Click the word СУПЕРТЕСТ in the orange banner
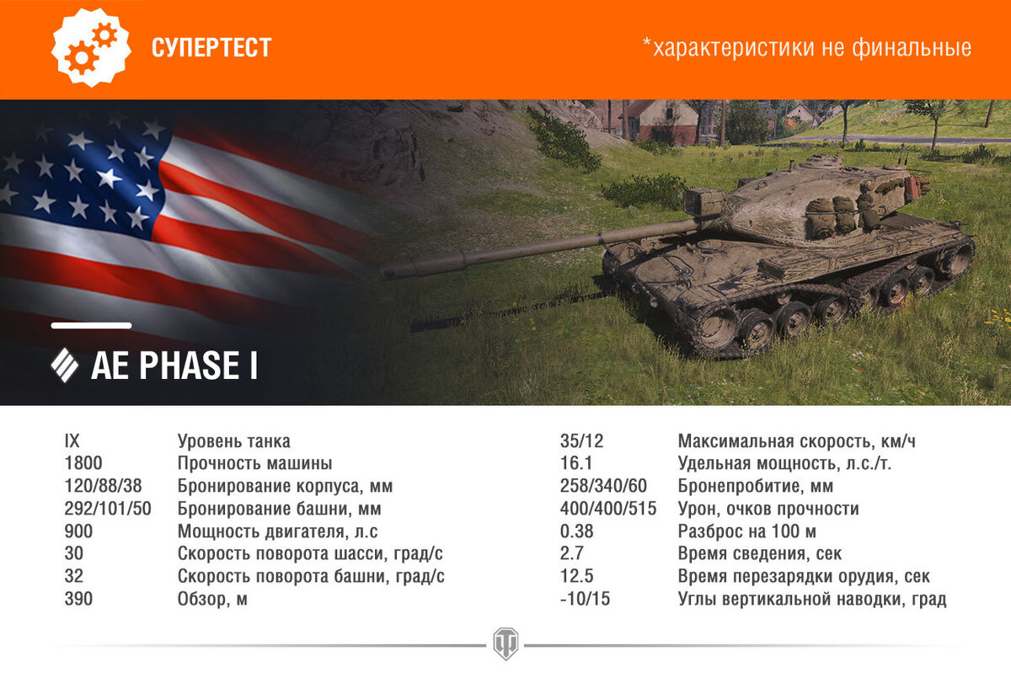211,48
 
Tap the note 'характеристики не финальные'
806,48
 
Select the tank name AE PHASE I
174,366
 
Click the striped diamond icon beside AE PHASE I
65,366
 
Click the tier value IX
72,440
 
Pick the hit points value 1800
83,463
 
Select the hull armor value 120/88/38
103,486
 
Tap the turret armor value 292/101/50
108,509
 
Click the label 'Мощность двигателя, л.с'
278,531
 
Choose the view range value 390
78,600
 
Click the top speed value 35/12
582,440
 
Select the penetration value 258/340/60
603,486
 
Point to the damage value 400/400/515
607,509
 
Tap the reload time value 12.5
577,577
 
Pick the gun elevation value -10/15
586,600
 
